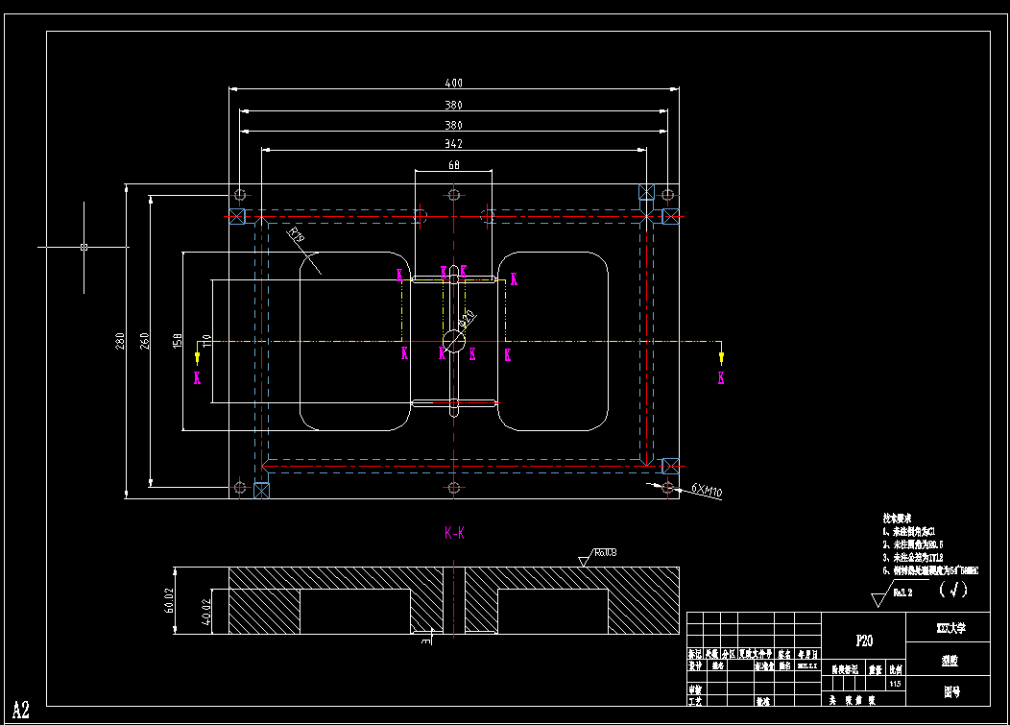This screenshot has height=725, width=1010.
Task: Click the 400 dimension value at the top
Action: click(x=453, y=84)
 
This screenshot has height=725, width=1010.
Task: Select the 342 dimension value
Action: click(x=453, y=144)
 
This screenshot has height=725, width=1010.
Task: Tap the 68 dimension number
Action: click(x=453, y=165)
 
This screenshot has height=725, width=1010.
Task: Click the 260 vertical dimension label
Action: click(x=145, y=341)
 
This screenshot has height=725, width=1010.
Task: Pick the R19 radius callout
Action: click(x=296, y=234)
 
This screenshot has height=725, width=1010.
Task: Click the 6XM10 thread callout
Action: click(x=707, y=492)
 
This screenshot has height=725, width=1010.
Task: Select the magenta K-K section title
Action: click(x=454, y=532)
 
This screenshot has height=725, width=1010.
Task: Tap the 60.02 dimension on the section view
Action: click(x=169, y=599)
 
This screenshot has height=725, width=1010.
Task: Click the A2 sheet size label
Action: click(x=21, y=710)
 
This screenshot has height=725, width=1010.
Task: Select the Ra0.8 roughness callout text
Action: click(x=604, y=552)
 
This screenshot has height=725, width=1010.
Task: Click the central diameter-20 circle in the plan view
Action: click(x=453, y=340)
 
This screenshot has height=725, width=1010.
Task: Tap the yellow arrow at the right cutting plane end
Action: click(x=721, y=357)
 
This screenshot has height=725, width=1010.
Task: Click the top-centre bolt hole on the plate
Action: click(x=453, y=194)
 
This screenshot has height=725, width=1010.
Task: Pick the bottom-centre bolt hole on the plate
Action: click(x=453, y=488)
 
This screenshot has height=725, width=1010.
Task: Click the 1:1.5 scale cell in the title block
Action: click(x=895, y=683)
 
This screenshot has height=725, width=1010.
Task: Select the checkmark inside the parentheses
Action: click(x=953, y=590)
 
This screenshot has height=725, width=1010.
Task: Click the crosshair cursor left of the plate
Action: click(x=84, y=247)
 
